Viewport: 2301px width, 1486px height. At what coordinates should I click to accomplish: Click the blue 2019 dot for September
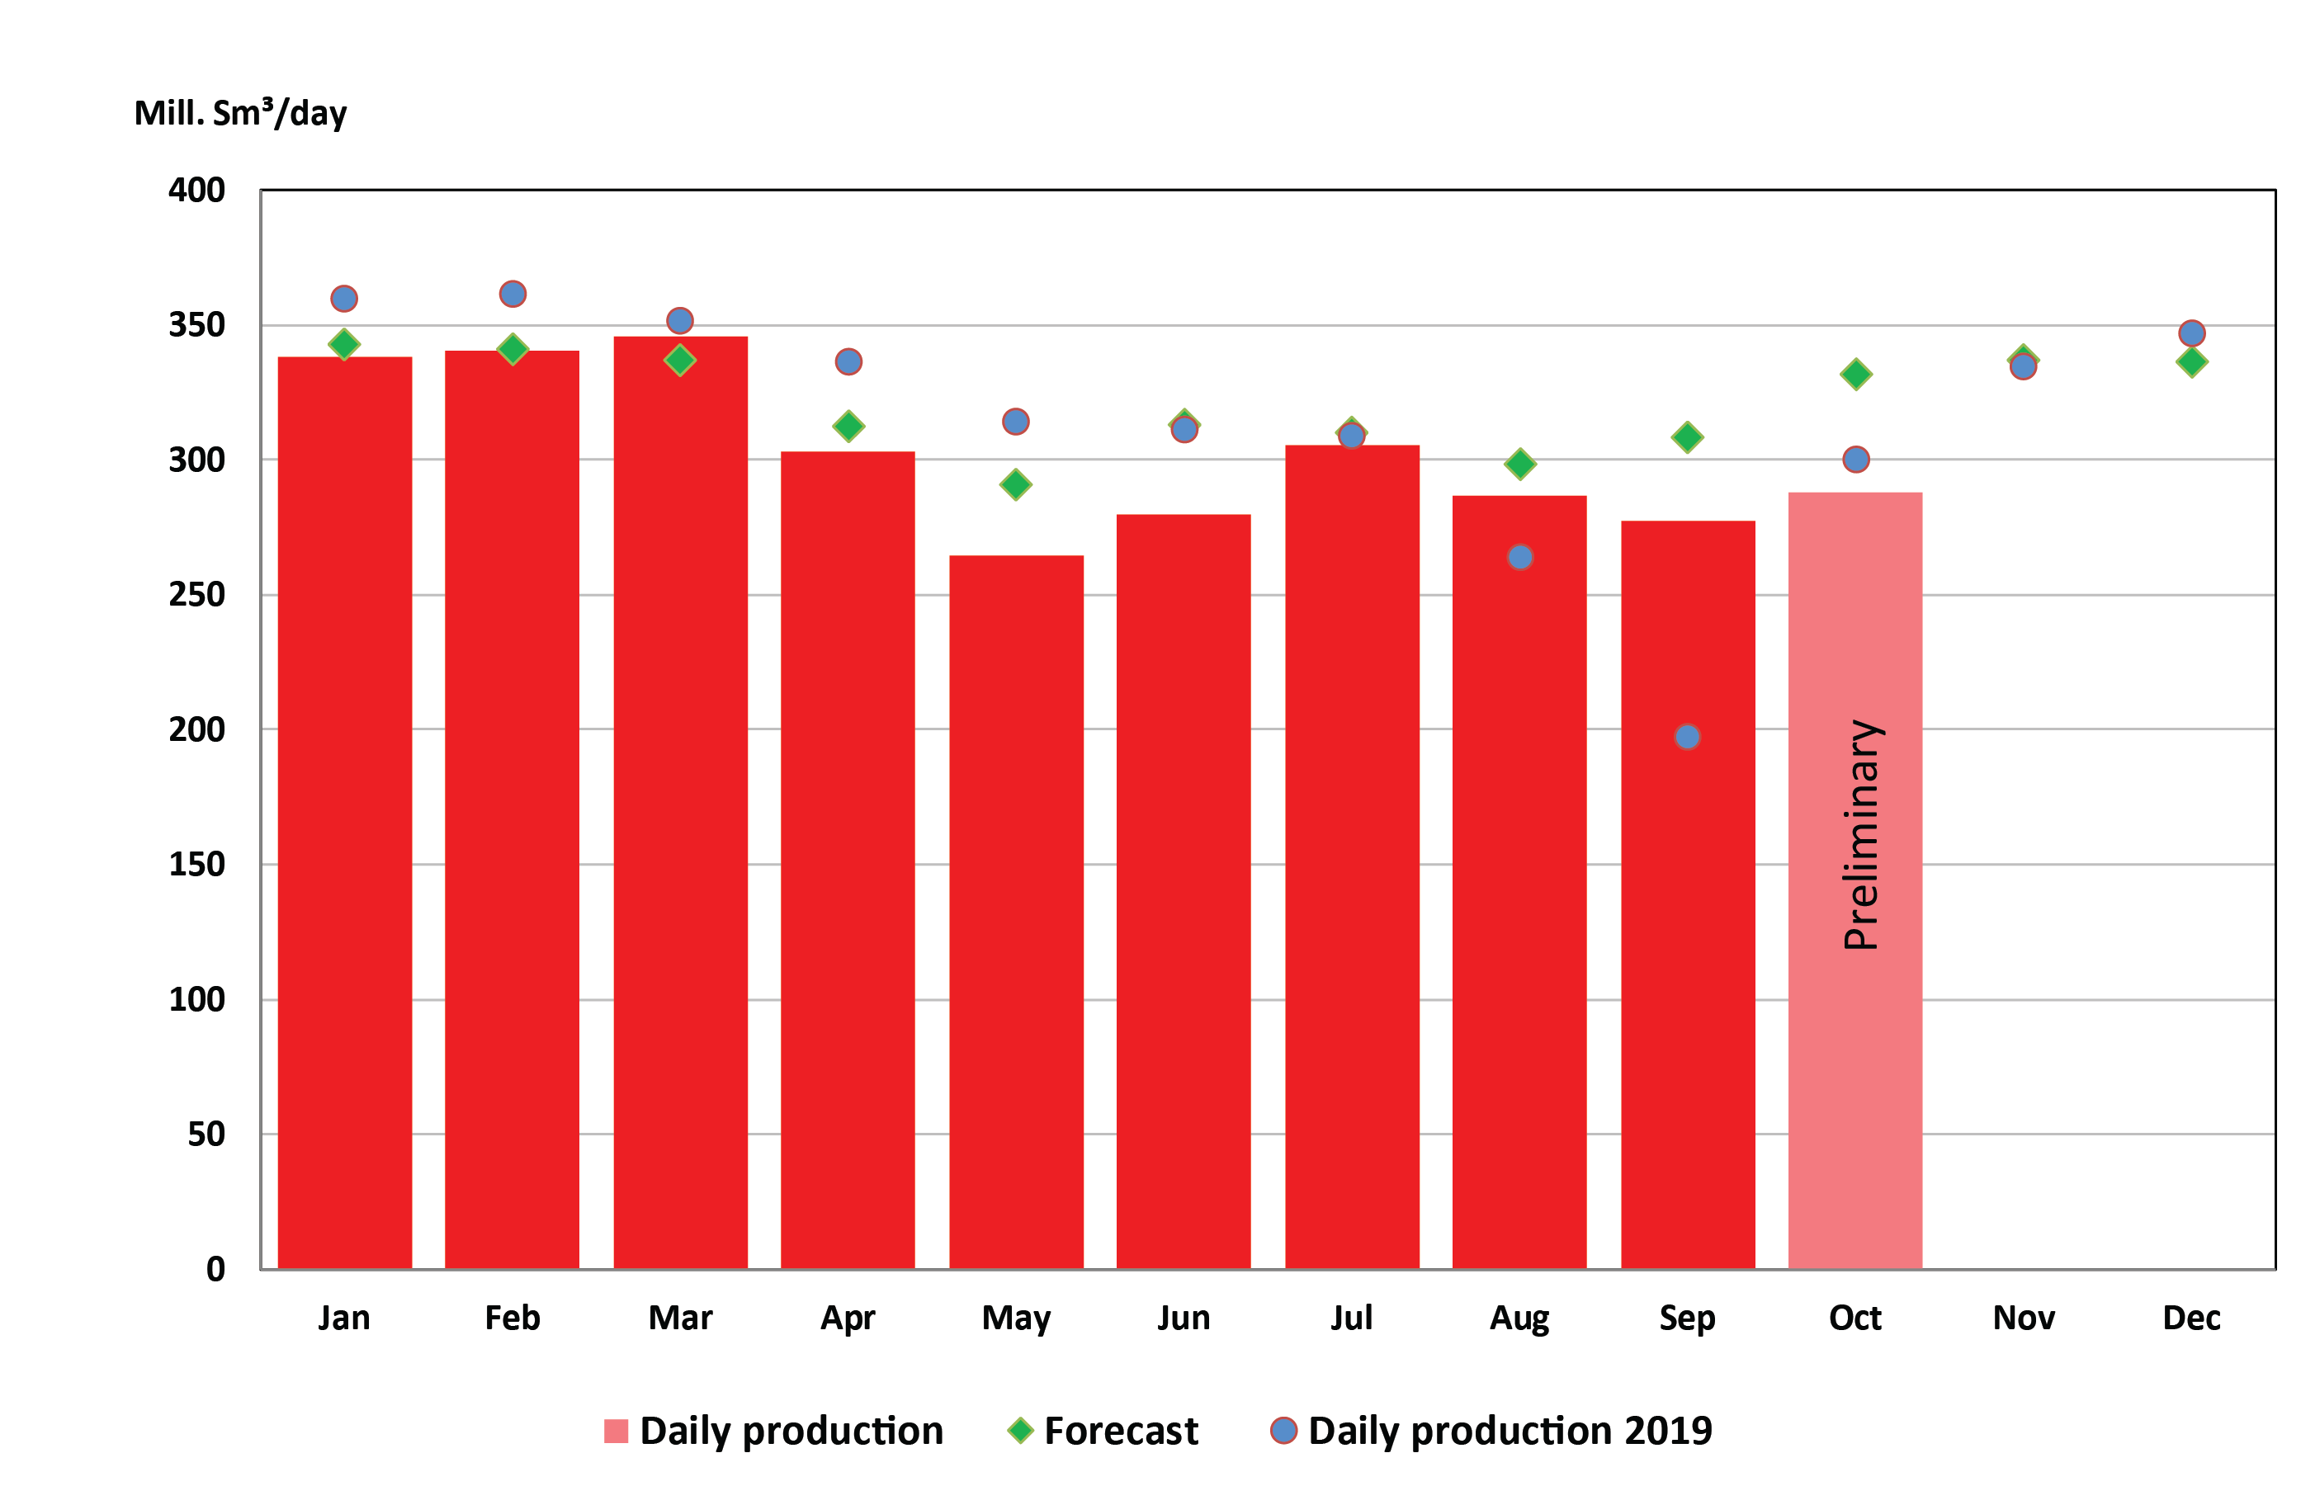[1686, 737]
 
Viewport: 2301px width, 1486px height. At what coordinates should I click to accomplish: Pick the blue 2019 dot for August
[1519, 557]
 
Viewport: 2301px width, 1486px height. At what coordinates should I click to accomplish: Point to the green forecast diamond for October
[1855, 374]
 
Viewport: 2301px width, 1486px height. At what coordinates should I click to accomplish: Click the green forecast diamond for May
[1015, 484]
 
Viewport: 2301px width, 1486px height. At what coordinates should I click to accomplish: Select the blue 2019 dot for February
[513, 294]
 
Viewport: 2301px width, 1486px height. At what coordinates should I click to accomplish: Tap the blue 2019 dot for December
[2191, 333]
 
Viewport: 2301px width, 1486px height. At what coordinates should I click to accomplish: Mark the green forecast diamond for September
[1686, 437]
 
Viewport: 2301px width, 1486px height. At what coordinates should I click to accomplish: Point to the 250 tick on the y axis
[197, 594]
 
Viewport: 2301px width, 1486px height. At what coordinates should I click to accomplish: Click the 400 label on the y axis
[197, 190]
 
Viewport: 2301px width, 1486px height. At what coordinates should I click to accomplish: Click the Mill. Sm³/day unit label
[240, 114]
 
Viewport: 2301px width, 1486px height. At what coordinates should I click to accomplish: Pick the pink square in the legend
[615, 1431]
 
